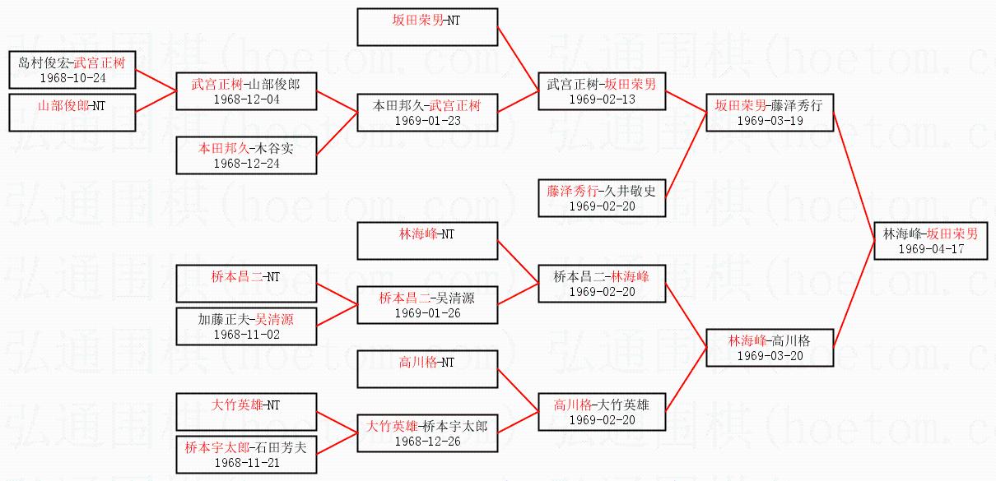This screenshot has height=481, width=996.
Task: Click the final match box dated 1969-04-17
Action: pos(930,240)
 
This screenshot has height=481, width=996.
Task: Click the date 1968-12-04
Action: pos(246,99)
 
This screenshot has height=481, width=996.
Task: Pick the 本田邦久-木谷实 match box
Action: pos(246,155)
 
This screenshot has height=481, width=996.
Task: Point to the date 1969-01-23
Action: pos(427,120)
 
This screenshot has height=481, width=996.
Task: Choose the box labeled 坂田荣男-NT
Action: pos(427,27)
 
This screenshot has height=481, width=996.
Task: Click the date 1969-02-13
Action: pos(602,99)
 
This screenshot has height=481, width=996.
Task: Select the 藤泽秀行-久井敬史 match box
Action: pos(602,198)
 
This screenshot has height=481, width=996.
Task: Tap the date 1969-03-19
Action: pos(770,120)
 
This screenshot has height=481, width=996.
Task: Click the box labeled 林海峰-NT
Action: pos(427,241)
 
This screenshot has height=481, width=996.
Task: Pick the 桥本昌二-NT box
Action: pos(246,284)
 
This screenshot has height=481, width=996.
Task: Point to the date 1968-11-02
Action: pos(246,334)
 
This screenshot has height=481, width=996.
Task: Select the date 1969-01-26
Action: pos(427,313)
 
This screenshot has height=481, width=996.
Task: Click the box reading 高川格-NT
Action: pos(427,368)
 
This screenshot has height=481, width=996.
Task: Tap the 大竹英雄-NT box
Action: pos(246,412)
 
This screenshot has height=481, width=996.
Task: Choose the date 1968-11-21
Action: pos(246,463)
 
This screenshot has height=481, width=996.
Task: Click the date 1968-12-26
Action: pos(427,442)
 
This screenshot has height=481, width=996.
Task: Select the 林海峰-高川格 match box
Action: pos(770,348)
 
